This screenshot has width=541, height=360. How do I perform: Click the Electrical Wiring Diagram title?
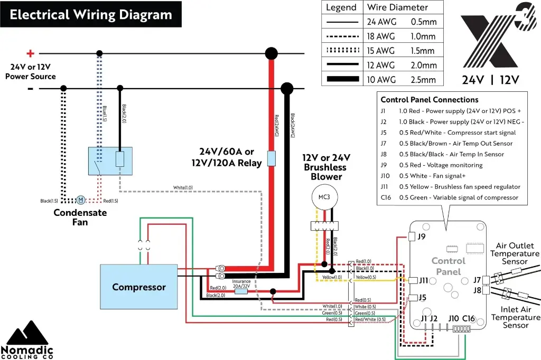click(91, 14)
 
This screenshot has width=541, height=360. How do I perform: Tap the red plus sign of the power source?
click(30, 53)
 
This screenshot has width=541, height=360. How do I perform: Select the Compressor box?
click(138, 287)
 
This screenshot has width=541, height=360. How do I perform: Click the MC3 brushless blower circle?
click(323, 197)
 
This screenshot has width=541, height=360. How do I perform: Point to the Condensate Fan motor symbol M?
click(80, 200)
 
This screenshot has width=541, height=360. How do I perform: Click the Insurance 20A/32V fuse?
click(241, 291)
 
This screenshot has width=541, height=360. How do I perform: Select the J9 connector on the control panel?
click(413, 237)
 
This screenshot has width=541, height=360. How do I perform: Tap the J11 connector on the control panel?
click(413, 280)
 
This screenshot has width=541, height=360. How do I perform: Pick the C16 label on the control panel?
click(469, 318)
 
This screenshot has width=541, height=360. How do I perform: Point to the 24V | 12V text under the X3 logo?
click(490, 80)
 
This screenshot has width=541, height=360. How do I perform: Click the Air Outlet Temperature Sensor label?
click(515, 253)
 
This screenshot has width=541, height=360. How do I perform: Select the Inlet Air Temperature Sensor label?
click(516, 317)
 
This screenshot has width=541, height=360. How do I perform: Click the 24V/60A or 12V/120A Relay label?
click(227, 157)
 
